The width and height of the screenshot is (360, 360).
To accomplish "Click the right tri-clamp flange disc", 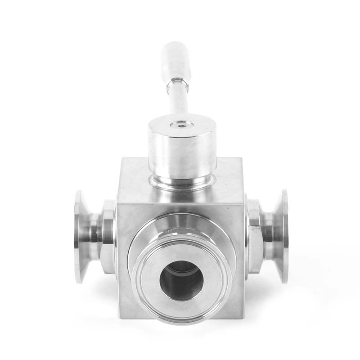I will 283,236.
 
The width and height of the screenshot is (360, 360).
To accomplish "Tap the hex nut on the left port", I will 108,236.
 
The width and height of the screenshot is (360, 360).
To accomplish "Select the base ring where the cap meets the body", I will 182,182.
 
